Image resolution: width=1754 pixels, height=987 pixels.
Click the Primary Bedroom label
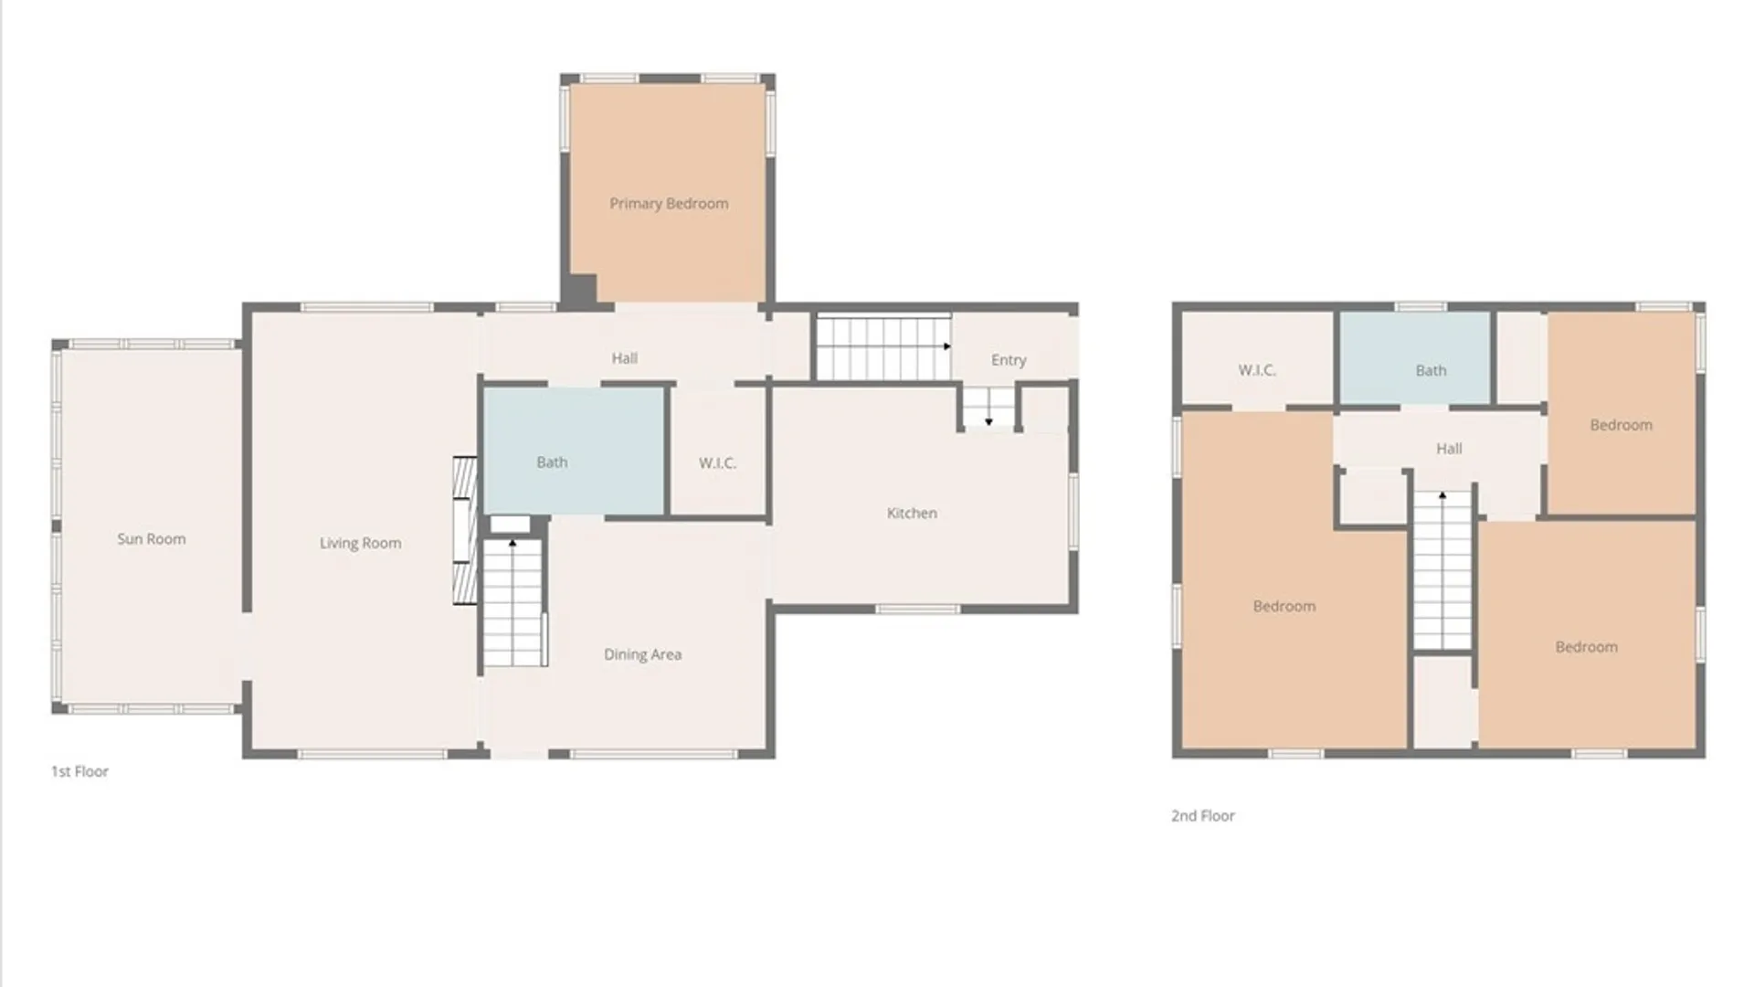click(x=669, y=204)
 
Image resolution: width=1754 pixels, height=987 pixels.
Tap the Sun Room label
click(x=152, y=539)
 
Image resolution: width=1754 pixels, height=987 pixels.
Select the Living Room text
click(x=360, y=543)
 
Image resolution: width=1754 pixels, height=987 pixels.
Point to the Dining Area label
click(x=642, y=654)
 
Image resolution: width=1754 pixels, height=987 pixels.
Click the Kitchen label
click(x=912, y=514)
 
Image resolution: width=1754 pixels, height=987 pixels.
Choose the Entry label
click(x=1009, y=360)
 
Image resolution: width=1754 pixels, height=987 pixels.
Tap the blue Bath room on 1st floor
click(x=574, y=451)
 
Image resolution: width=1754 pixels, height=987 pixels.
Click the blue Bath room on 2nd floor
click(x=1415, y=357)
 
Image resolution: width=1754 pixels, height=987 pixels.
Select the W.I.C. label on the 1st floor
click(x=717, y=463)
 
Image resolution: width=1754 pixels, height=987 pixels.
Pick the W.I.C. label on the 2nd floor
click(x=1257, y=370)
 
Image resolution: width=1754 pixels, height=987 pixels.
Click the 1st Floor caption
click(x=79, y=771)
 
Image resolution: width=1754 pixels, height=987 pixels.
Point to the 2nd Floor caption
click(x=1202, y=816)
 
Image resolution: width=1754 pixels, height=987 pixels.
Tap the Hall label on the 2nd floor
click(x=1449, y=449)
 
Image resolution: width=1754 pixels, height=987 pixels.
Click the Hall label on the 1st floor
click(x=625, y=358)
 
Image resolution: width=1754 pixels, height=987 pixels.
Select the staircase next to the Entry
click(x=883, y=347)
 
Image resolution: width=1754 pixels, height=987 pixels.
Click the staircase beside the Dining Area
click(x=514, y=602)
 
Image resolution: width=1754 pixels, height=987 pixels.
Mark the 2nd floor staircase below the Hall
click(x=1442, y=570)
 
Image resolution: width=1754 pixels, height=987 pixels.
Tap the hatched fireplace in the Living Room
click(x=465, y=530)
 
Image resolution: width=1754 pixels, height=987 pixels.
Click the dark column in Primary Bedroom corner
click(x=578, y=290)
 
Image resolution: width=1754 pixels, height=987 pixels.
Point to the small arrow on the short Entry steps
click(x=988, y=421)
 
